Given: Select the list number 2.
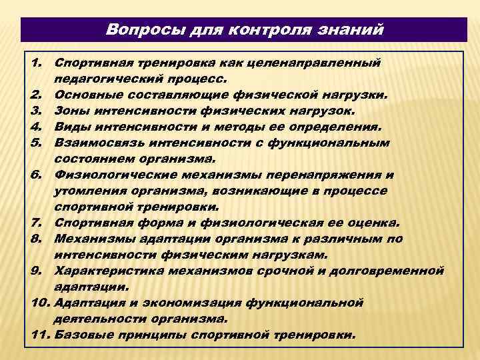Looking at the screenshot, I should (x=37, y=94).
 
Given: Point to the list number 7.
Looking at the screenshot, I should (x=37, y=223).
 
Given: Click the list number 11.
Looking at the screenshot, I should (x=39, y=334).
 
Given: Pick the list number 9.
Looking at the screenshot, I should (x=37, y=270).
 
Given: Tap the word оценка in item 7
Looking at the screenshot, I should (x=371, y=223).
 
